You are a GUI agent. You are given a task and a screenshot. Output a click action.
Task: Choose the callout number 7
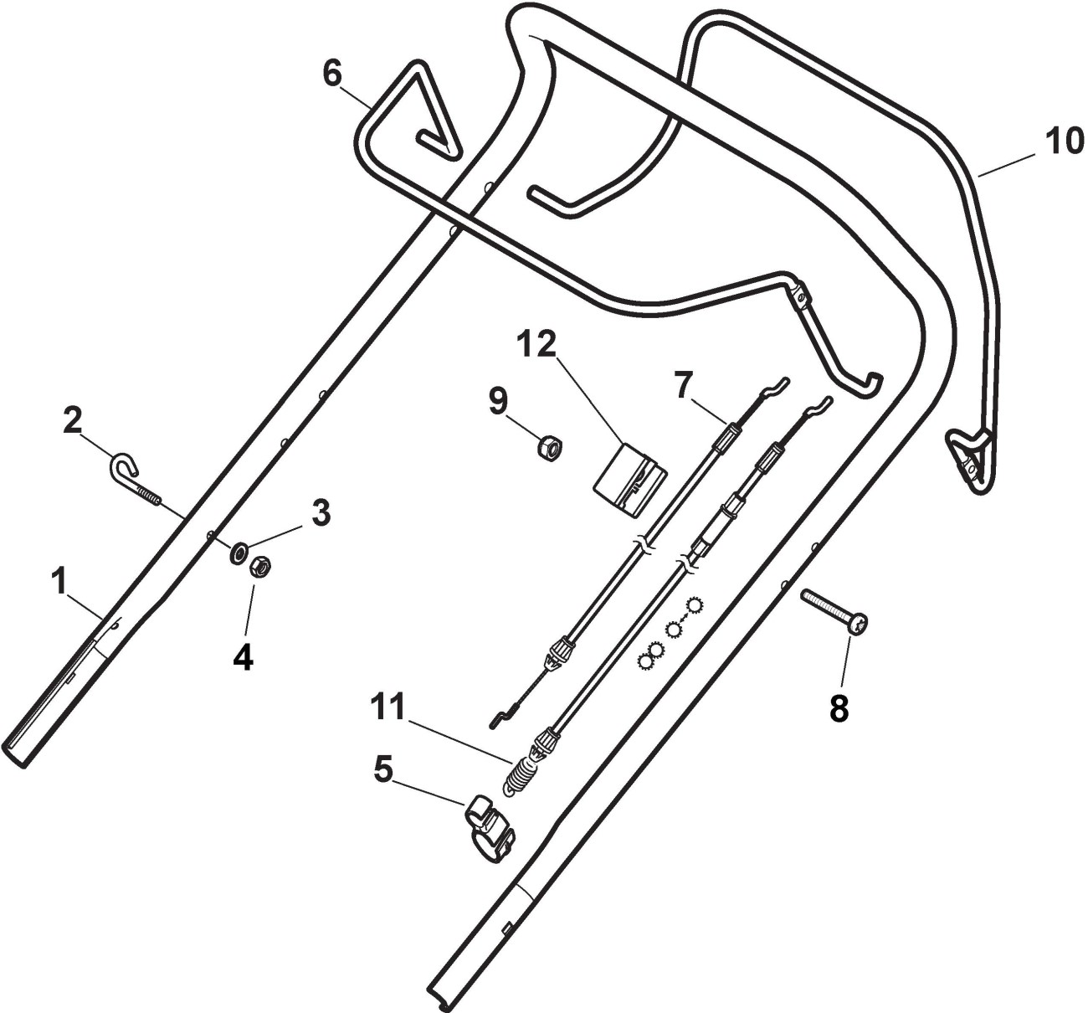(684, 386)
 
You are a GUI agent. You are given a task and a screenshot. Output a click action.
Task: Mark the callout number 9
(498, 402)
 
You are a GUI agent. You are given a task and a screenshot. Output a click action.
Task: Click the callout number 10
(1065, 141)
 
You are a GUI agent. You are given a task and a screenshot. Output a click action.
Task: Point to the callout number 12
(537, 342)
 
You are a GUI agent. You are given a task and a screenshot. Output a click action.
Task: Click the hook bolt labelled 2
(134, 478)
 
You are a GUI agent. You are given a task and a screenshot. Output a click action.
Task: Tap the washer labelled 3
(239, 550)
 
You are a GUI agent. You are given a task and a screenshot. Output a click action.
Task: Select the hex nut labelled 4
(259, 568)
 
